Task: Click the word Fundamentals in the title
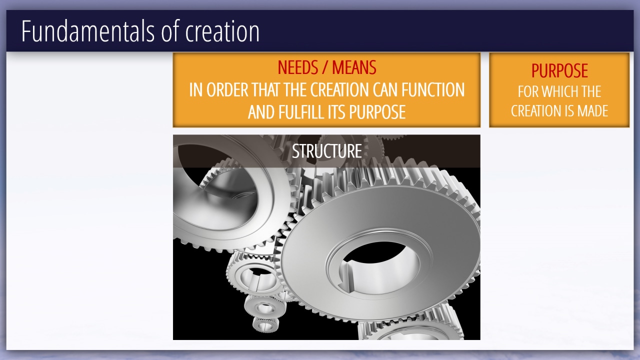(87, 31)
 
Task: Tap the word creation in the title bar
(222, 31)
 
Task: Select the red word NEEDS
(297, 67)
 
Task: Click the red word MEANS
(354, 67)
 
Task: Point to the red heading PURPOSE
(559, 71)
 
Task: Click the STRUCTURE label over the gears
(327, 151)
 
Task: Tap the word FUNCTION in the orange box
(433, 89)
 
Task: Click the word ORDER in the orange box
(227, 89)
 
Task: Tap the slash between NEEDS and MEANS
(325, 68)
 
